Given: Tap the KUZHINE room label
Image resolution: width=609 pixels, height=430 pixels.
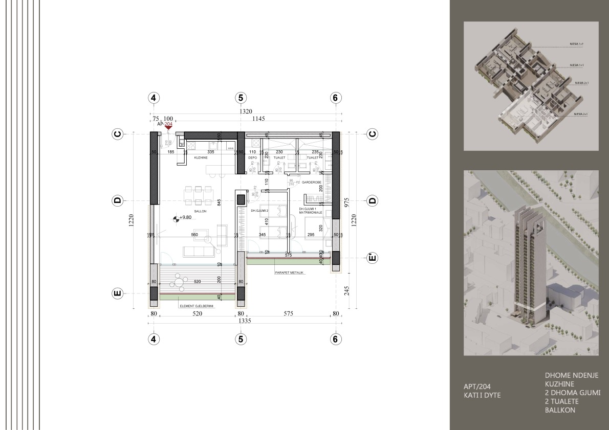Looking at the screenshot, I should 200,158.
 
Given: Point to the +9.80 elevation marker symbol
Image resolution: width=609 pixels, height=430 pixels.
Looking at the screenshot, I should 177,218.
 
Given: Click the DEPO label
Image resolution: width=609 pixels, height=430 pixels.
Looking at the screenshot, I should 252,158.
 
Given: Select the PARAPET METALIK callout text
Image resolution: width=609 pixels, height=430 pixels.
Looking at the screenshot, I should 289,273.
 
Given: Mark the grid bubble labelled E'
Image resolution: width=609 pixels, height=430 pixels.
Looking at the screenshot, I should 372,258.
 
